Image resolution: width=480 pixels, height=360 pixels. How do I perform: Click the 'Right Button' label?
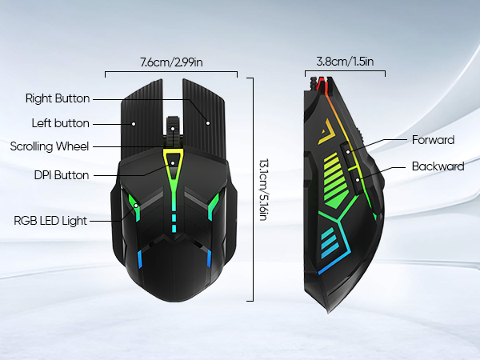tap(57, 99)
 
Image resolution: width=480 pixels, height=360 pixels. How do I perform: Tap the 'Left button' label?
tap(60, 123)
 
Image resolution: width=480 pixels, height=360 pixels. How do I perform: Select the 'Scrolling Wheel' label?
tap(50, 146)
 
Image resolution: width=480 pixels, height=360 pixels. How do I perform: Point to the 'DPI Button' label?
tap(62, 175)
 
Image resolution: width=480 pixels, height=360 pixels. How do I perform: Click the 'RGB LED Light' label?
tap(50, 220)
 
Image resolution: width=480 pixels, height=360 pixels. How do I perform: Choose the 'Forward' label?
tap(433, 140)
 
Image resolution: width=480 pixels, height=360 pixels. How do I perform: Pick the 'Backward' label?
tap(438, 166)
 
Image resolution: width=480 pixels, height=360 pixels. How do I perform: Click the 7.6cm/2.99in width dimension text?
tap(171, 62)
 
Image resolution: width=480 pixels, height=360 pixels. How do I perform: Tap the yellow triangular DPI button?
tap(173, 158)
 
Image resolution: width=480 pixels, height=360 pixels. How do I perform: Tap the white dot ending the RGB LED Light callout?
tap(136, 205)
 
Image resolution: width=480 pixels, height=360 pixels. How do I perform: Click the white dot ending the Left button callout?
tap(134, 124)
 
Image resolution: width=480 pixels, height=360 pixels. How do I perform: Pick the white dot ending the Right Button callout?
tap(208, 123)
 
